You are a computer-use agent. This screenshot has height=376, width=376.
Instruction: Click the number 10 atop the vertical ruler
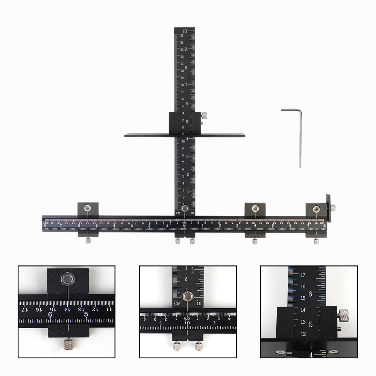185,31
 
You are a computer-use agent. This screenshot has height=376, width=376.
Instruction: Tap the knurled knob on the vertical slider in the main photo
205,115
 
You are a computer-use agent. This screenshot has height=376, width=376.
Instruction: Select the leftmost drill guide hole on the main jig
88,207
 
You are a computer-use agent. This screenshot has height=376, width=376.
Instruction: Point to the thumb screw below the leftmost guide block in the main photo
88,241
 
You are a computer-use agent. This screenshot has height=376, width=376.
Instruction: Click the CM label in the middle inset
177,303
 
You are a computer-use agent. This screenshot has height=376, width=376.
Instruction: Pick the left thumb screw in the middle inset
176,346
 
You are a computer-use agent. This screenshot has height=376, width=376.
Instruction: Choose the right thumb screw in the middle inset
198,346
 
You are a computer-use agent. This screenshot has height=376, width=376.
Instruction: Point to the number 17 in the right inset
303,275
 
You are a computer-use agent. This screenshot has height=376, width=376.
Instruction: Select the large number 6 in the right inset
311,294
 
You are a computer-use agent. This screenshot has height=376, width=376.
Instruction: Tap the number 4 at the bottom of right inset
311,355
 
